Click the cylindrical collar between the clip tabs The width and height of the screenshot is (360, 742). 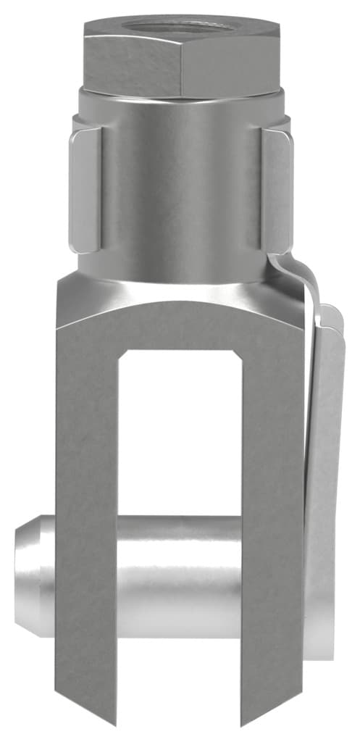pyautogui.click(x=181, y=188)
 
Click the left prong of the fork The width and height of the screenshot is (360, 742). pyautogui.click(x=87, y=507)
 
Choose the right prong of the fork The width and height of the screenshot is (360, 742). pyautogui.click(x=272, y=507)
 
